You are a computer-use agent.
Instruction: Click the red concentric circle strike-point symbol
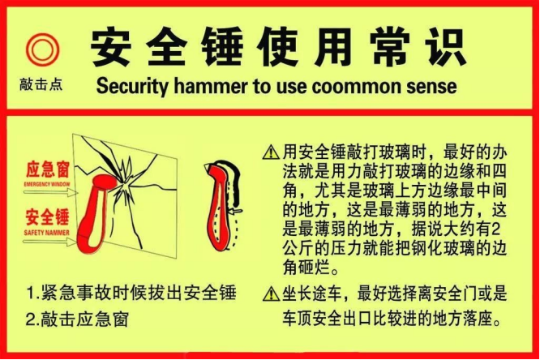coord(43,49)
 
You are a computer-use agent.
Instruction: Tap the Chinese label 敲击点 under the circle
coord(41,84)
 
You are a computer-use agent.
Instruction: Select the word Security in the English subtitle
coord(132,86)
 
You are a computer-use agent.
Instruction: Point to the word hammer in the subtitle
coord(211,86)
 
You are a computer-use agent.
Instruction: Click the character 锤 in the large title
coord(222,47)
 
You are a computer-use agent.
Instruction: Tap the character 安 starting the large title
coord(111,47)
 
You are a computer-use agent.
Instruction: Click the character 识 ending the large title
coord(445,47)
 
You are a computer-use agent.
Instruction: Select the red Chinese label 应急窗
coord(48,169)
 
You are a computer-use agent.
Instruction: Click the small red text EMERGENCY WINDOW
coord(47,184)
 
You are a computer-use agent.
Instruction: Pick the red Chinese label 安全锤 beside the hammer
coord(48,217)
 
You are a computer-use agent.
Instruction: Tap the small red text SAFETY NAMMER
coord(47,233)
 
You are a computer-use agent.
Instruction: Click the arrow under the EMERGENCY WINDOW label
coord(51,193)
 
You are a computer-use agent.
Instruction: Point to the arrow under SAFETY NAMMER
coord(50,242)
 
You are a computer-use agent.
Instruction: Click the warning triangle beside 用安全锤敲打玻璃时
coord(271,152)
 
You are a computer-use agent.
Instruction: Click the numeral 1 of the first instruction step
coord(30,294)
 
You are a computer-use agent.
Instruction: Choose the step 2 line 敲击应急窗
coord(78,319)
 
